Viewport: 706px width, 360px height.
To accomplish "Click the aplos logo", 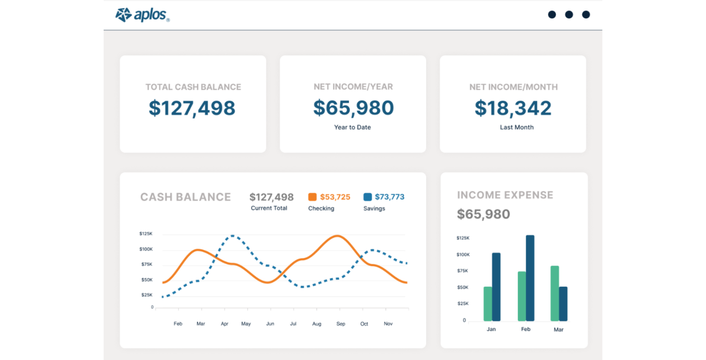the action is (x=143, y=15).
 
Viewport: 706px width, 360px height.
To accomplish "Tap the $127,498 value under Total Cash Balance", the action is (x=192, y=108).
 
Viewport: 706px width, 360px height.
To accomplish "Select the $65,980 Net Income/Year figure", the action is (x=353, y=108).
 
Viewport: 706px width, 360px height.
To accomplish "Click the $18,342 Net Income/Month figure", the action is (x=513, y=108).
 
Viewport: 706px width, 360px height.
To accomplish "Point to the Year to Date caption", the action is (x=353, y=127).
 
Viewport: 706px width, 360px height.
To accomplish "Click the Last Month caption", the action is (x=517, y=127).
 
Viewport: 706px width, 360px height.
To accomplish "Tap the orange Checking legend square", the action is (x=312, y=197).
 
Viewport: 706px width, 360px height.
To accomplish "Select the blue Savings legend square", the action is (x=367, y=197).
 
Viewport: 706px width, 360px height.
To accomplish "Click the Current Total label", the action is (x=269, y=208).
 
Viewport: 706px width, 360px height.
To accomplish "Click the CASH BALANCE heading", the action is (x=186, y=197).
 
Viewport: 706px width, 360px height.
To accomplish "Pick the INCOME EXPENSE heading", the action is (x=505, y=195).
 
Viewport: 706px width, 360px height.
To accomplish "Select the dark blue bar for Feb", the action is (x=530, y=278).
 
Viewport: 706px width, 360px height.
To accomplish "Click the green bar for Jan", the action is (x=488, y=304).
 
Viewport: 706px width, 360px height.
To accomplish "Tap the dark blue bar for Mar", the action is (x=563, y=304).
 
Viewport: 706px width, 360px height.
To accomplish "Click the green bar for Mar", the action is (x=555, y=294).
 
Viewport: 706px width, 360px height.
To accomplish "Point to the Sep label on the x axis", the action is (x=341, y=324).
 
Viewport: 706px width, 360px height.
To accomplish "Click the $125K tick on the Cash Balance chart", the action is (x=146, y=234).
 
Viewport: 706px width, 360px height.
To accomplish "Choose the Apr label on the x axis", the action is (x=224, y=324).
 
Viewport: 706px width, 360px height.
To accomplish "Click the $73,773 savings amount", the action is (x=390, y=197).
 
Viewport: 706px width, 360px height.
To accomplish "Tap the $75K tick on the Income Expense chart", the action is (x=463, y=271).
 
